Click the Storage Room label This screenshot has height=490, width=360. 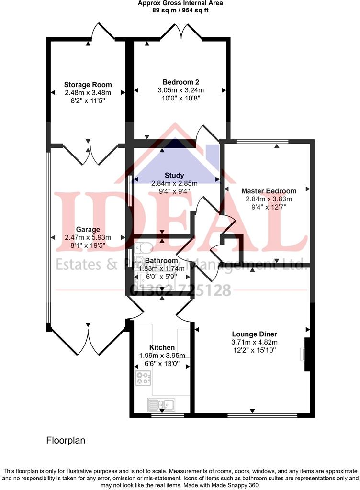pyautogui.click(x=88, y=85)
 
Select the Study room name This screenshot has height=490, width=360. pyautogui.click(x=174, y=176)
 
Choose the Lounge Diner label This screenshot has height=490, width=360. pyautogui.click(x=254, y=334)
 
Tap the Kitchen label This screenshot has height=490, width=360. pyautogui.click(x=162, y=347)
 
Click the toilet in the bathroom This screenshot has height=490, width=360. pyautogui.click(x=140, y=247)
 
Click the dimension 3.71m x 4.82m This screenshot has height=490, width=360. pyautogui.click(x=254, y=342)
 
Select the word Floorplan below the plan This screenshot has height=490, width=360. pyautogui.click(x=66, y=440)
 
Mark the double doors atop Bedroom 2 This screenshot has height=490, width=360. pyautogui.click(x=180, y=33)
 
